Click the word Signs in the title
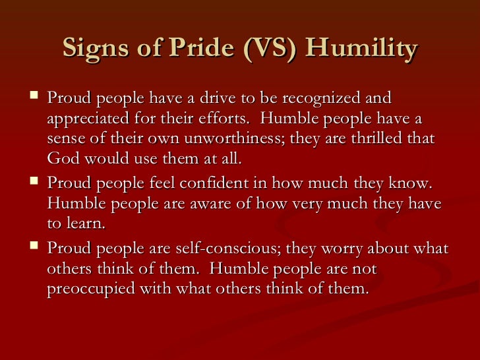click(x=94, y=49)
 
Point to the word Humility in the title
click(x=365, y=49)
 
